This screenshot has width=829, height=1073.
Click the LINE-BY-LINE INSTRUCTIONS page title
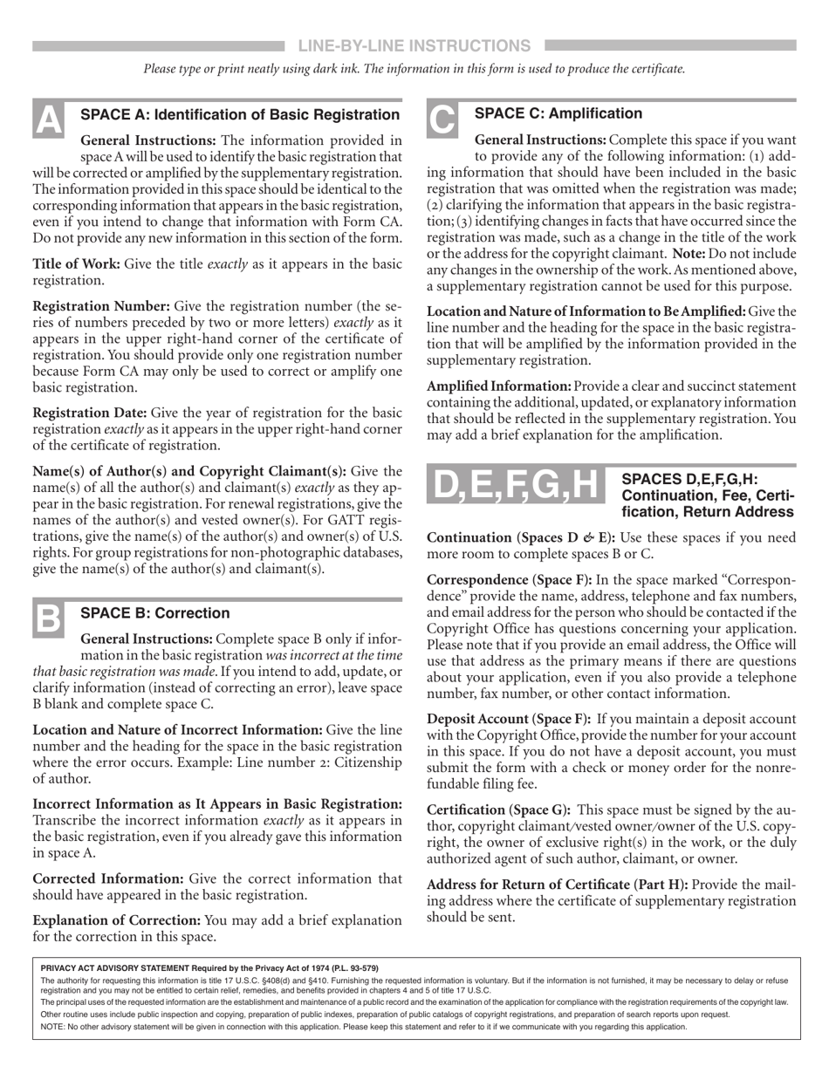414,45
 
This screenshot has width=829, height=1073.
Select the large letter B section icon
47,619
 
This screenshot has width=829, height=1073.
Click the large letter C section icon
442,120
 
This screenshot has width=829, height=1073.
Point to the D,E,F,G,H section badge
517,487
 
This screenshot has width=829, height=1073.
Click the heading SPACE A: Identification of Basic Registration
240,114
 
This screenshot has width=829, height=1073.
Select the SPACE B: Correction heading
155,612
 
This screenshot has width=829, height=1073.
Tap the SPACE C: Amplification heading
558,113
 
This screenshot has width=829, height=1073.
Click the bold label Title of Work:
77,263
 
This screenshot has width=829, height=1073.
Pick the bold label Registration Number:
101,305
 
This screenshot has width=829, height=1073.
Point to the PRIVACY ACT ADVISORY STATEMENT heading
209,967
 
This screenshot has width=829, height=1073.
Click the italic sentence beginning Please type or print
414,69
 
